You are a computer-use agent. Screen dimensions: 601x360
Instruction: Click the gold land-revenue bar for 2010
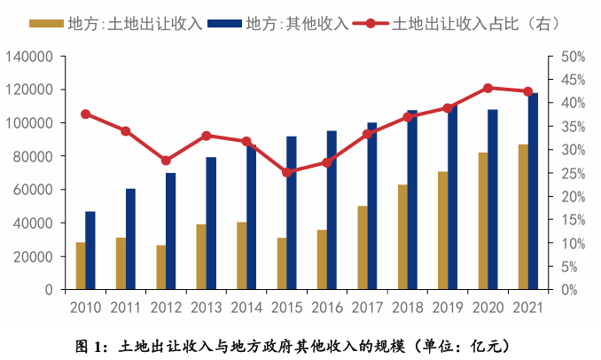coord(81,266)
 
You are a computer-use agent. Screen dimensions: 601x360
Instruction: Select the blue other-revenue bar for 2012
coord(170,231)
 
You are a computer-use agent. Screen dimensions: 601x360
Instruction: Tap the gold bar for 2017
coord(363,247)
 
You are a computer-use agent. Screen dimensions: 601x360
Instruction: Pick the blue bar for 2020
coord(493,200)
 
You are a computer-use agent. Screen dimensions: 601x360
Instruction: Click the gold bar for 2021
coord(523,217)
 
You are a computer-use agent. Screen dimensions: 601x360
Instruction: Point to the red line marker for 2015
coord(287,173)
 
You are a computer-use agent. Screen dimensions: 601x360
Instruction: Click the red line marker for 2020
coord(488,89)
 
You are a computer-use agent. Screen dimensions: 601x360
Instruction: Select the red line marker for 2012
coord(166,160)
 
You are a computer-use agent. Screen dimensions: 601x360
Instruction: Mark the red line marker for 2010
coord(86,114)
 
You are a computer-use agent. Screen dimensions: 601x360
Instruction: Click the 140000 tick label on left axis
coord(29,57)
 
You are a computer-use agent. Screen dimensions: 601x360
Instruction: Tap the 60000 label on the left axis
coord(33,190)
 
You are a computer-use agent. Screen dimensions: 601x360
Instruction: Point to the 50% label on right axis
coord(574,57)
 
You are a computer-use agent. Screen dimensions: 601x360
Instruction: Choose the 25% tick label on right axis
coord(574,174)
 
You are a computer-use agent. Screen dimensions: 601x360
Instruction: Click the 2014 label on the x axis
coord(246,308)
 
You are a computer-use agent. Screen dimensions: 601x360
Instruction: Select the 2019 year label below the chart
coord(448,308)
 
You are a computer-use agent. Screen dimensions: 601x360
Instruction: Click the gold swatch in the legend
coord(46,24)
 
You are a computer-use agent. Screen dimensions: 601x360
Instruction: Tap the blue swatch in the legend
coord(224,24)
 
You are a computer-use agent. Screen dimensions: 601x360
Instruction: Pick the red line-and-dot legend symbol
coord(370,24)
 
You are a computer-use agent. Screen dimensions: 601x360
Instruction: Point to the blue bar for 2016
coord(332,210)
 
